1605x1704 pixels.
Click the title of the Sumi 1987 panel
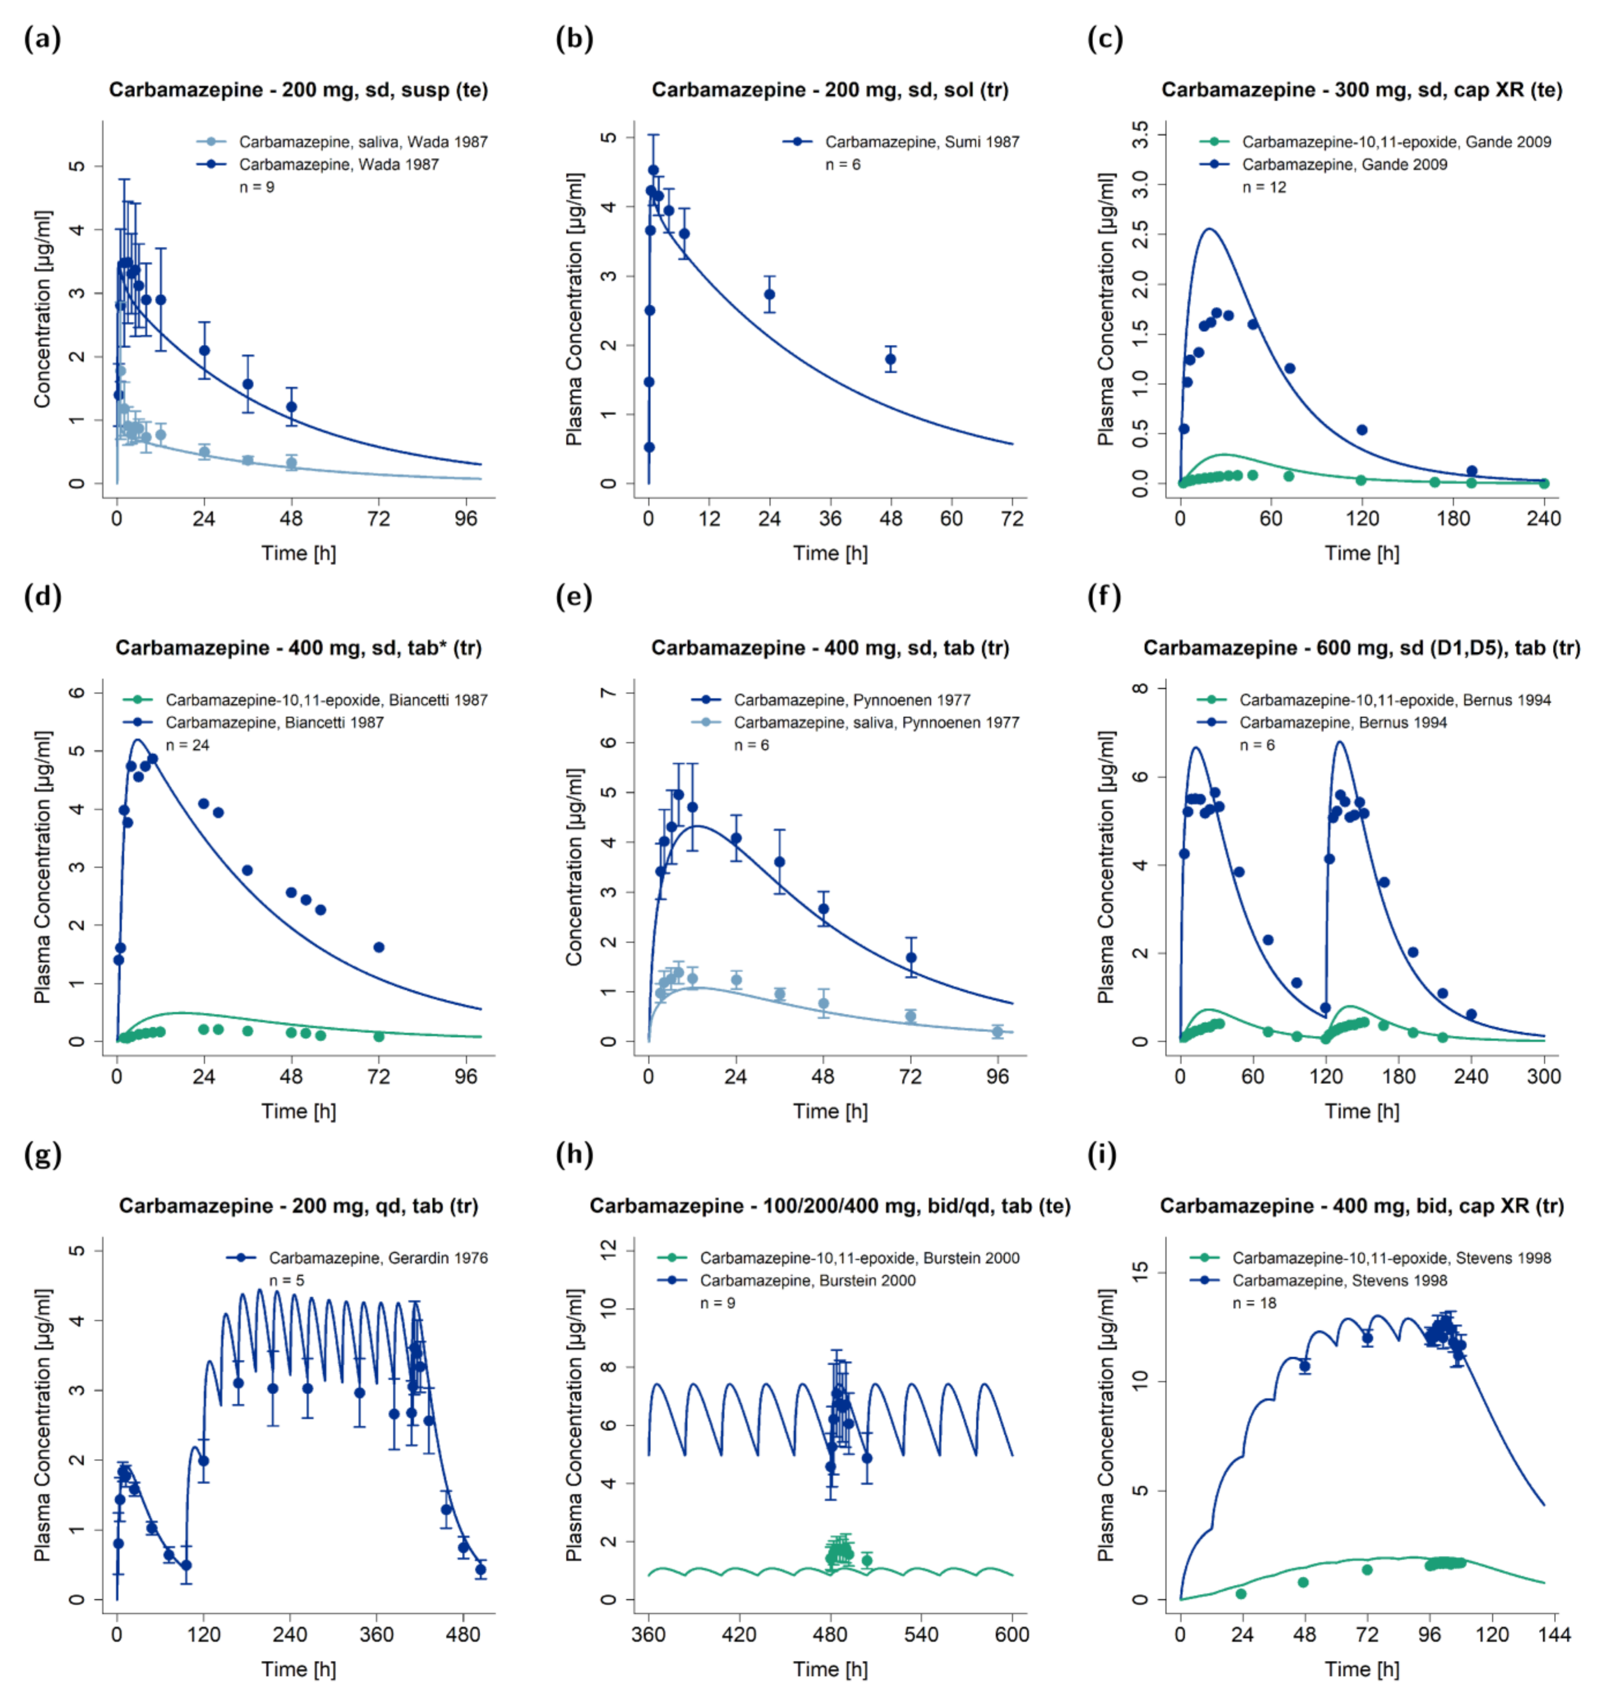point(830,90)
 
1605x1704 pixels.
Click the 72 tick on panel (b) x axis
point(1012,519)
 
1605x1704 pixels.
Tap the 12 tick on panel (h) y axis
point(609,1251)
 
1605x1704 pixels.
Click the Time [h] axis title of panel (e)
point(830,1111)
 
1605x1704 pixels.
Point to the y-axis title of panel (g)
point(43,1425)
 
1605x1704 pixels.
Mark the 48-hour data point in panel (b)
point(891,359)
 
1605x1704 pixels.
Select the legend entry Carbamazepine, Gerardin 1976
point(378,1259)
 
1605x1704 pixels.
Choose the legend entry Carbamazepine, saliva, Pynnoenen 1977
point(876,722)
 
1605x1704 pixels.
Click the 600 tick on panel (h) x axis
point(1012,1634)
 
